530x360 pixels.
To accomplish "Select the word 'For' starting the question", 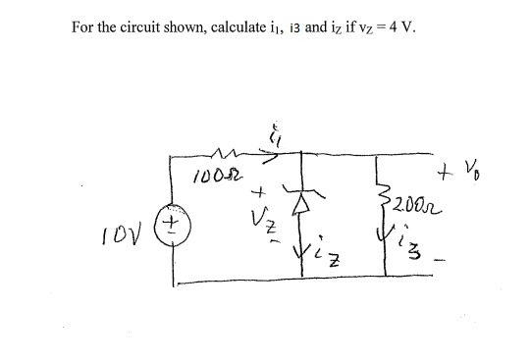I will coord(83,26).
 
